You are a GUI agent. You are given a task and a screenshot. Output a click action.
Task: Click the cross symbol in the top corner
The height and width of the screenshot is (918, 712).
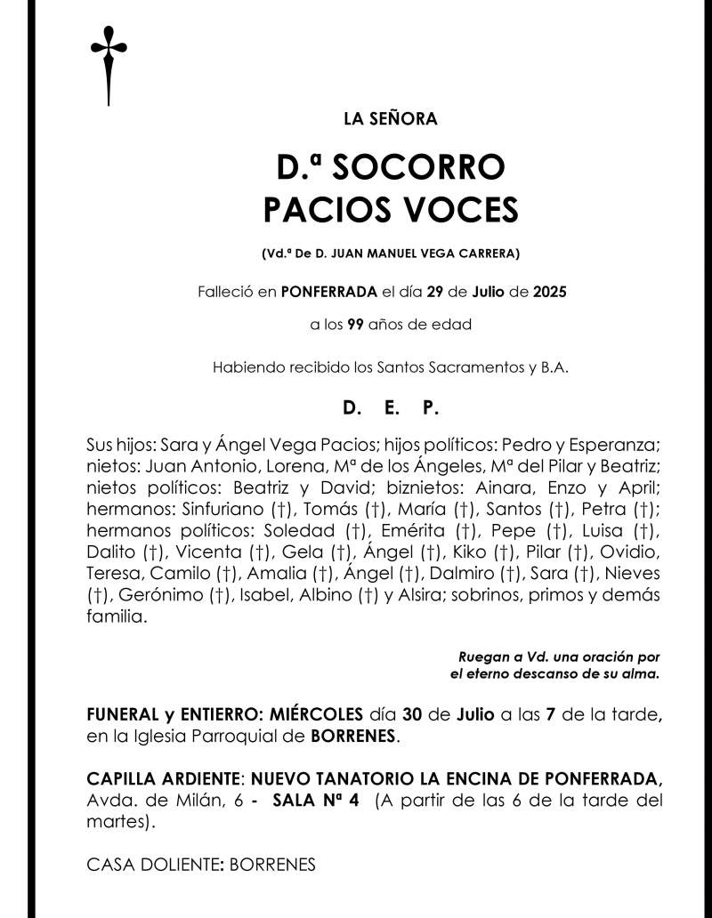click(x=108, y=63)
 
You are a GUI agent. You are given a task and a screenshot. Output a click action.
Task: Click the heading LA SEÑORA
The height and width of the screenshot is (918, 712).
click(x=390, y=118)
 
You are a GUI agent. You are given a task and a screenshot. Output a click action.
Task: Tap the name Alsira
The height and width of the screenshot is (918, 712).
click(x=418, y=596)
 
